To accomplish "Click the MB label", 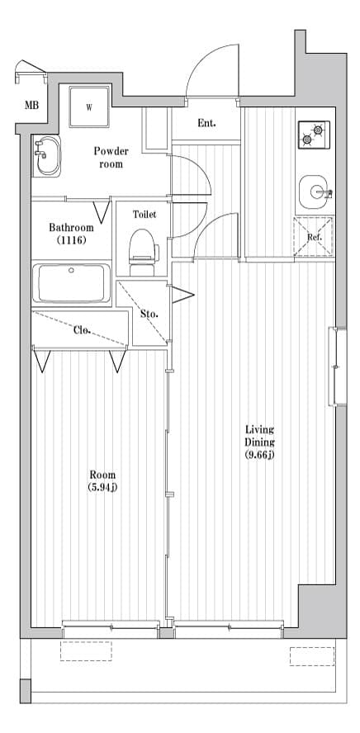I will [31, 105].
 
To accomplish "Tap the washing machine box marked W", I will [90, 106].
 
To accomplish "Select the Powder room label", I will [111, 157].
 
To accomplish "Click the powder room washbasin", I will [47, 156].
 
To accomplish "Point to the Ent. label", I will [206, 124].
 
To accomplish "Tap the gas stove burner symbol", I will [313, 135].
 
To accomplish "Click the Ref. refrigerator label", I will [314, 238].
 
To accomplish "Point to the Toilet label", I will [144, 214].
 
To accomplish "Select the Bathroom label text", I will [70, 227].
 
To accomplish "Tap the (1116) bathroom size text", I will [70, 240].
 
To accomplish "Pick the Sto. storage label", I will [149, 314].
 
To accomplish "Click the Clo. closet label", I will [82, 330].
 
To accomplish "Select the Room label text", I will [103, 475].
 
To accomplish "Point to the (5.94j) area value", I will [103, 487].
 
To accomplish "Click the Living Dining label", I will [259, 436].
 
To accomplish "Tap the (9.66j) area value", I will [259, 455].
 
